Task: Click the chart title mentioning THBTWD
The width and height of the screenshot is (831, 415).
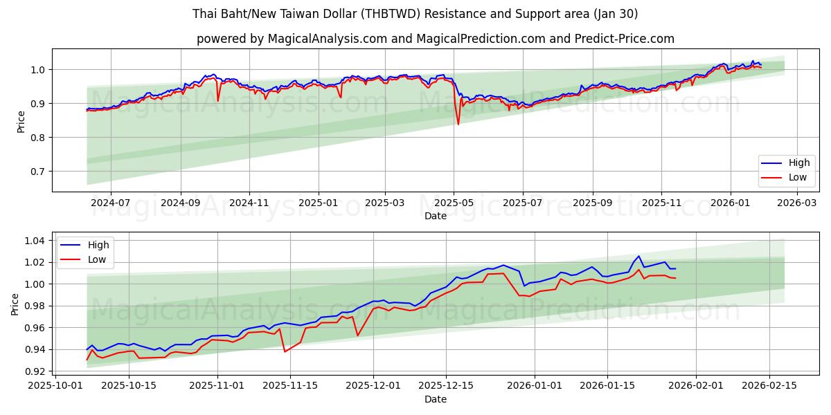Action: (415, 14)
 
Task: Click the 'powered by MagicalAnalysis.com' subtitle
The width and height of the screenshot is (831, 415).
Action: (435, 39)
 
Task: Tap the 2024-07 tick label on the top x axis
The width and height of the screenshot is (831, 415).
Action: (110, 203)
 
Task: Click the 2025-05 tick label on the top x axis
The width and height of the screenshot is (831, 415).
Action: (454, 203)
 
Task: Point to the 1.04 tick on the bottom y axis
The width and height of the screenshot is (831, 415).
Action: (33, 241)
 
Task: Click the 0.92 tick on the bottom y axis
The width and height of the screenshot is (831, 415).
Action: (33, 371)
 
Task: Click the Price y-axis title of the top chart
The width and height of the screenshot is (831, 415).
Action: (21, 122)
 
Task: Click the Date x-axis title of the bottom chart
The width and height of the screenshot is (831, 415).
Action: (435, 400)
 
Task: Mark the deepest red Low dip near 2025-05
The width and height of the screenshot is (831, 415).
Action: (458, 124)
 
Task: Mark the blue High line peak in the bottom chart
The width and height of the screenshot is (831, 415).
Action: (639, 256)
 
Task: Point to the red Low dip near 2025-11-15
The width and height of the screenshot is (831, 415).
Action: (285, 351)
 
